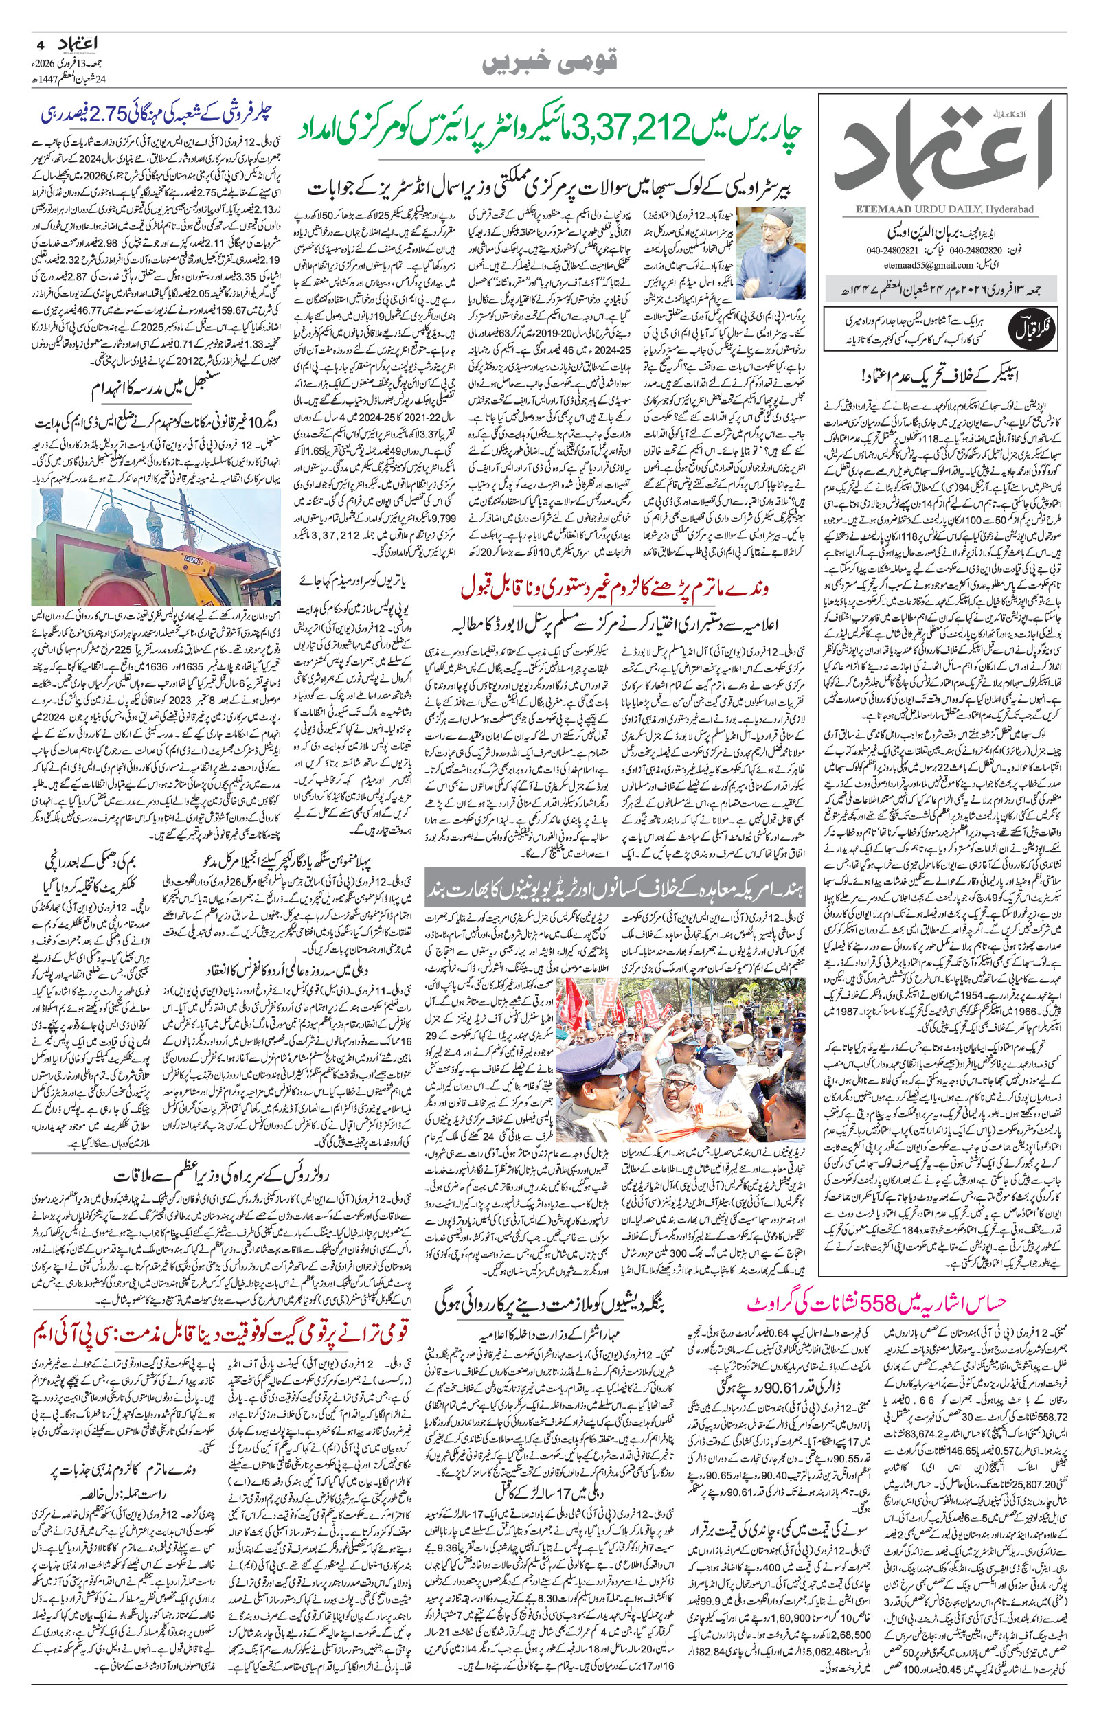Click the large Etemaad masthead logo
pos(949,150)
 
